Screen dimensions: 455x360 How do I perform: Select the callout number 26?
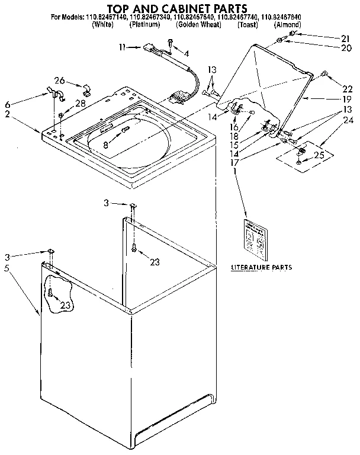[59, 81]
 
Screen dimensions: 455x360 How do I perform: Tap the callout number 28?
[79, 103]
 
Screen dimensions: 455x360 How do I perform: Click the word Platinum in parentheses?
[144, 25]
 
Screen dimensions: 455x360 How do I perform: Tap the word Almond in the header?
[287, 25]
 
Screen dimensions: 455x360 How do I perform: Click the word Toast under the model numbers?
[247, 25]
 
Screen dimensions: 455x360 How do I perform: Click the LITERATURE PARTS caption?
[261, 267]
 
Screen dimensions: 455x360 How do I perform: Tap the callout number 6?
[8, 102]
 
